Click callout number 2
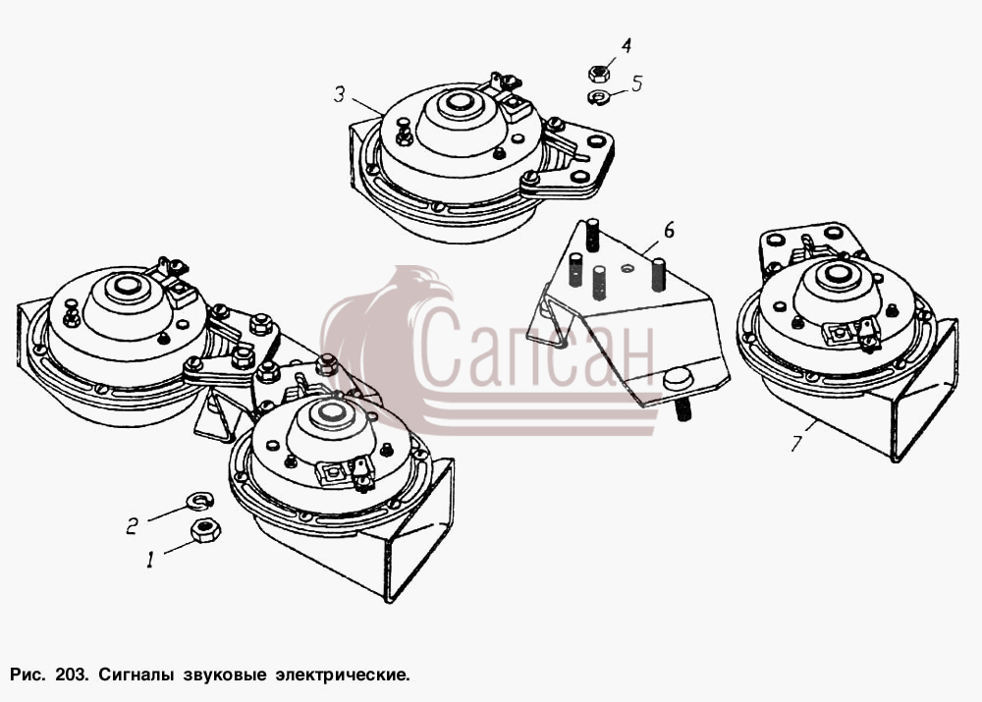pyautogui.click(x=133, y=524)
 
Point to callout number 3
pyautogui.click(x=339, y=95)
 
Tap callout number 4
pyautogui.click(x=626, y=46)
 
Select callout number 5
pyautogui.click(x=637, y=83)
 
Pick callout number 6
pyautogui.click(x=669, y=231)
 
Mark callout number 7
pyautogui.click(x=796, y=444)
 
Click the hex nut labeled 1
pyautogui.click(x=205, y=531)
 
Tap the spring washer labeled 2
pyautogui.click(x=201, y=499)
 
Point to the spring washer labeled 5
pyautogui.click(x=599, y=97)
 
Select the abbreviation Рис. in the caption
pyautogui.click(x=27, y=675)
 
